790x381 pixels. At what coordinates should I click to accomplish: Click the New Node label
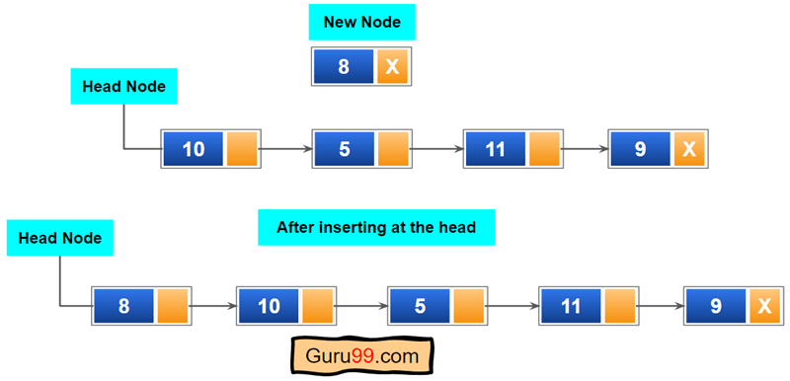361,22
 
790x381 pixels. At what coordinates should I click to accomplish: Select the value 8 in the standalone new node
343,66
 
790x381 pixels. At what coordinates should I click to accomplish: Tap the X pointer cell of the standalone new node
392,66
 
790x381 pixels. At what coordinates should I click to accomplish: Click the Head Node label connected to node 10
124,86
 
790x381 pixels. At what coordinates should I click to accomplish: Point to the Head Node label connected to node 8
60,238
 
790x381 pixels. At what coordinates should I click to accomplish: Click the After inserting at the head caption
376,227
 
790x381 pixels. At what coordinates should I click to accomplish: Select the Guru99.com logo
362,354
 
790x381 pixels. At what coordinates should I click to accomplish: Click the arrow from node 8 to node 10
213,306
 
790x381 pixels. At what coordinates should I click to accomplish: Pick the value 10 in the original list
194,149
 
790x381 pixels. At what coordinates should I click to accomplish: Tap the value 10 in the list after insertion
269,306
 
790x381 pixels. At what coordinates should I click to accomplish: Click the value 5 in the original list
344,149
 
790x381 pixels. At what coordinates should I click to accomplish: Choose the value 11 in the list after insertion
570,306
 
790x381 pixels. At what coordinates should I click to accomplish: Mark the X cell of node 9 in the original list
689,149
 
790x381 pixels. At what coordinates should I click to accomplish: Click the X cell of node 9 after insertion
763,306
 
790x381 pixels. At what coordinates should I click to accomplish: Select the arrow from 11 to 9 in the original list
586,149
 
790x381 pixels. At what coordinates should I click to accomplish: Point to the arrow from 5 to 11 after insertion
512,306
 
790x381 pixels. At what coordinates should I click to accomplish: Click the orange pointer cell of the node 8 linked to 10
173,306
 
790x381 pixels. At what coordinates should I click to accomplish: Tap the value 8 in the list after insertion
123,306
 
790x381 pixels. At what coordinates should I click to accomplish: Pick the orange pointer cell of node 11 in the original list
544,149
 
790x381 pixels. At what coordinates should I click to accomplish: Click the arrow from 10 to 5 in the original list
286,149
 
